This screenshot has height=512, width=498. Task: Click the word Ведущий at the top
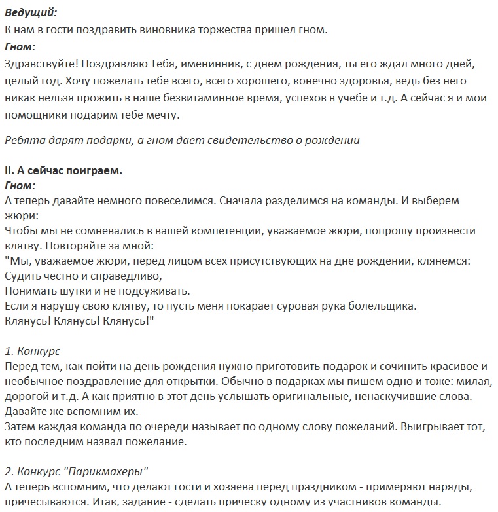pyautogui.click(x=30, y=12)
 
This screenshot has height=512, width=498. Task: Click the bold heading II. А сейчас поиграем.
pyautogui.click(x=63, y=170)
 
